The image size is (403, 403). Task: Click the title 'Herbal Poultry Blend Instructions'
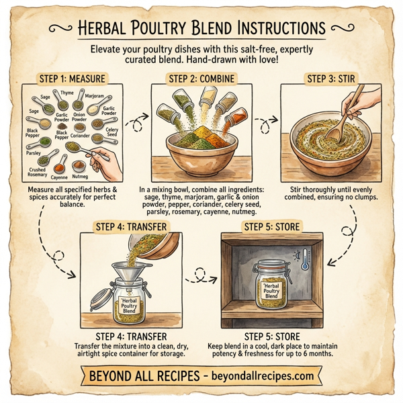tap(201, 28)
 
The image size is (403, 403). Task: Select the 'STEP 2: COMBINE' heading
tap(201, 78)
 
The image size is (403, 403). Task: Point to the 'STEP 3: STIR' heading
tap(334, 78)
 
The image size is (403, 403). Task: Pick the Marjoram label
tap(95, 96)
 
